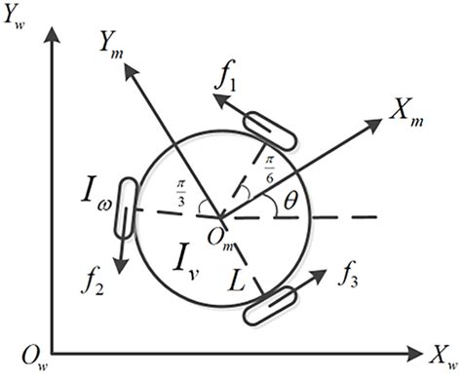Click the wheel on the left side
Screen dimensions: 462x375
(x=125, y=206)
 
